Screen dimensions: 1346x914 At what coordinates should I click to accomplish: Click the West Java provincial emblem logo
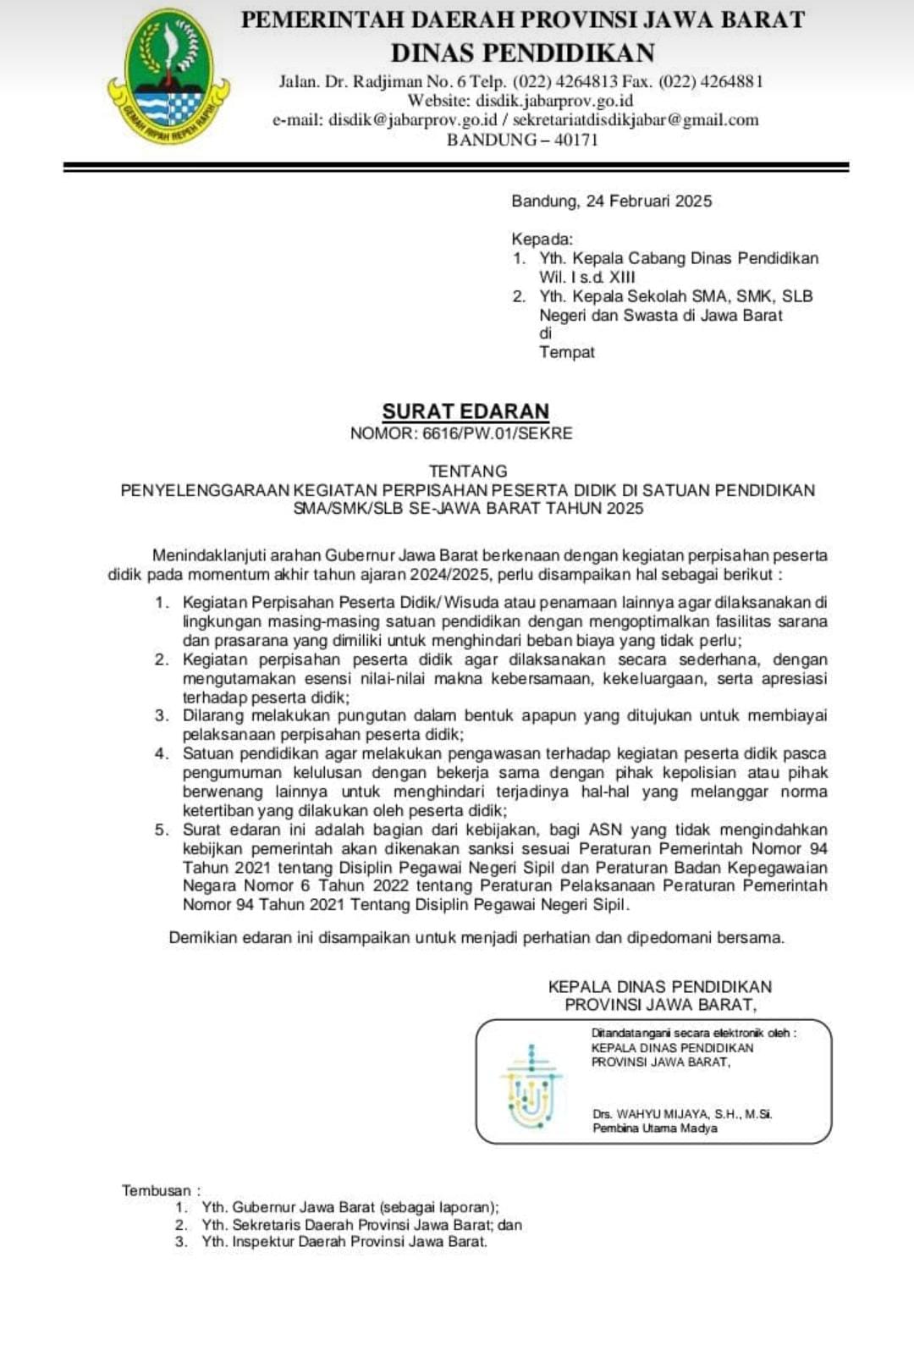click(x=168, y=75)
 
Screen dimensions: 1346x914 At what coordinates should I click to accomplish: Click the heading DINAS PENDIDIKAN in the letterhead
click(x=522, y=52)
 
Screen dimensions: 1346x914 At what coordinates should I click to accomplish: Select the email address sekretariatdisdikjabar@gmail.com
click(x=636, y=120)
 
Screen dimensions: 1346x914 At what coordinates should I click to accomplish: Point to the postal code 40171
click(x=576, y=140)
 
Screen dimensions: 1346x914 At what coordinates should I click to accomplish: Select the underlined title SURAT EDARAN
click(x=465, y=411)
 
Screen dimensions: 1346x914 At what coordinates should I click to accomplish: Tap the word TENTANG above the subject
click(x=468, y=471)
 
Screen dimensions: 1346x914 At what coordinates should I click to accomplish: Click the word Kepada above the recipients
click(x=542, y=239)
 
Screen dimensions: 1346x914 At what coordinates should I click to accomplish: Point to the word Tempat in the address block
click(x=567, y=352)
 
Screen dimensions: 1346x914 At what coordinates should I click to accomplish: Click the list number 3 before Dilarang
click(x=161, y=716)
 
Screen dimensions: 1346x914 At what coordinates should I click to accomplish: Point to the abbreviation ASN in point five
click(x=605, y=830)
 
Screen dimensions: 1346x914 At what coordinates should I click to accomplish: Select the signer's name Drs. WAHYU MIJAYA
click(x=652, y=1114)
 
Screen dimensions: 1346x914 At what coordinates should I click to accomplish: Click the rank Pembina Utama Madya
click(x=654, y=1128)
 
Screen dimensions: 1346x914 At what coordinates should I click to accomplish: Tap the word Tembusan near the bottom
click(x=157, y=1190)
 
